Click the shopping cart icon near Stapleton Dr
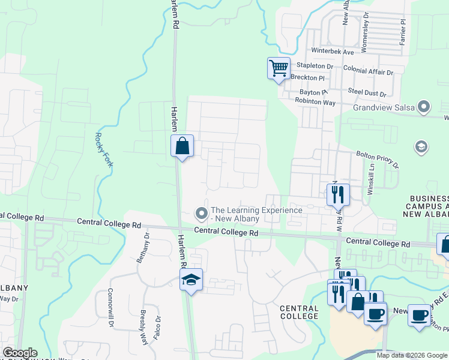279,68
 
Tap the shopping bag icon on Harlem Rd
182,146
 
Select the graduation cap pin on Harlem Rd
191,280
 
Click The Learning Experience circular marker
202,213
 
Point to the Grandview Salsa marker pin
424,107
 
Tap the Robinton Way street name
315,102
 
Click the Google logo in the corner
20,353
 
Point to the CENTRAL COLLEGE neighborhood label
299,312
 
